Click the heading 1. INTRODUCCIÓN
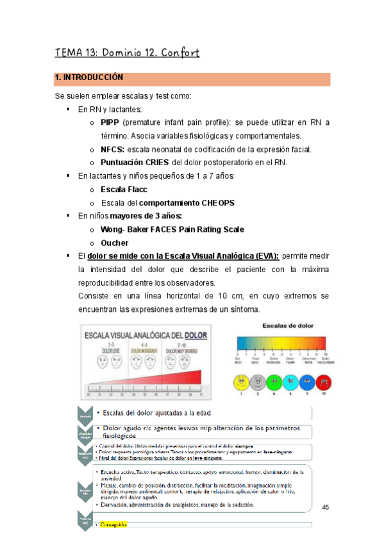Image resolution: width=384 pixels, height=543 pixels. pos(88,77)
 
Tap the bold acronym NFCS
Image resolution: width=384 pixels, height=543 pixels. pos(112,149)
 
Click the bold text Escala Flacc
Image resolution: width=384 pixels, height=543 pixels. pos(124,190)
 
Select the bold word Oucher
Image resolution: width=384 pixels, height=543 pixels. pos(115,243)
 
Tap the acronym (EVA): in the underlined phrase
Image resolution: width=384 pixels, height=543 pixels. pos(265,255)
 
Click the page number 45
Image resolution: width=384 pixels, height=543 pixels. pos(325,508)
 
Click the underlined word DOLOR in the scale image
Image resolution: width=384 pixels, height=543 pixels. pos(197,334)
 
